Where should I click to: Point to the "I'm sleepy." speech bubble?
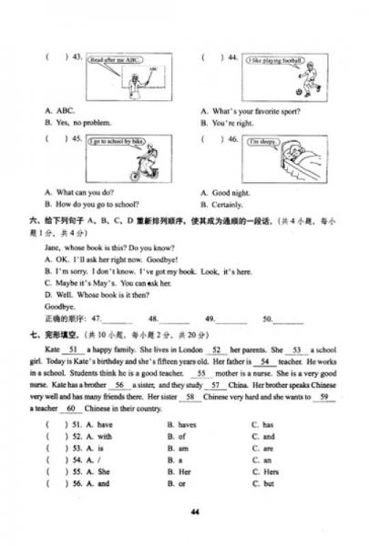(x=262, y=143)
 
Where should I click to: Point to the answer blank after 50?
(x=289, y=319)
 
